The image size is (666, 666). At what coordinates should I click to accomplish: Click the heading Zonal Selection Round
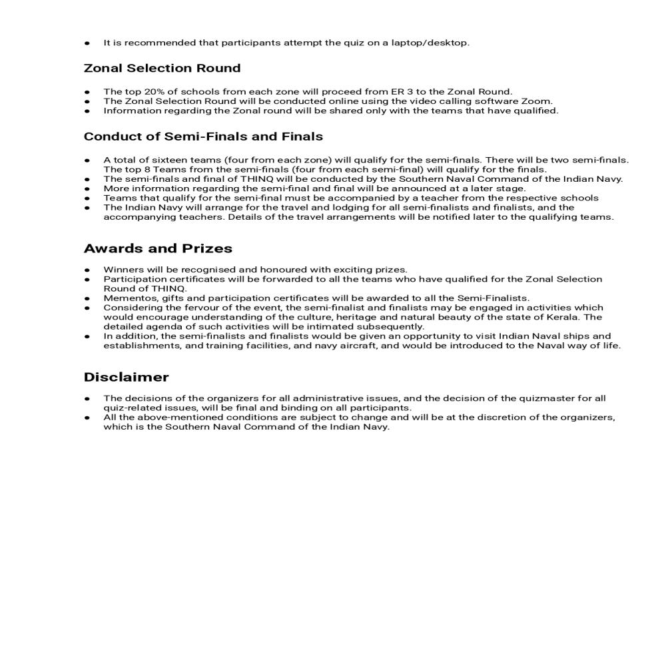pos(162,69)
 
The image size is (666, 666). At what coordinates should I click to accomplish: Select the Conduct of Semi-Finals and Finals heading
pos(203,137)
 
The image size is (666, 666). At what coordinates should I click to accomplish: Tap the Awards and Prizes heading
pos(158,248)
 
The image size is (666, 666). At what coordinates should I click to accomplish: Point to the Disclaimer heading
pos(126,377)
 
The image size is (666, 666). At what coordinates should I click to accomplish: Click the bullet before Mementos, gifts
pos(87,298)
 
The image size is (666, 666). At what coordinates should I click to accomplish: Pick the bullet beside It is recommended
pos(87,43)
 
